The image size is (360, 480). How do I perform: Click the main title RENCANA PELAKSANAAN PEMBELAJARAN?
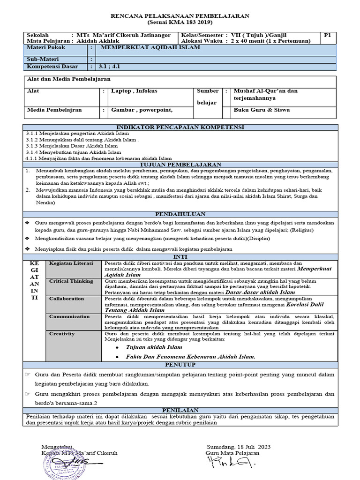point(180,16)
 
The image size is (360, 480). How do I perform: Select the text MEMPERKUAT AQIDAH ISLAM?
point(150,47)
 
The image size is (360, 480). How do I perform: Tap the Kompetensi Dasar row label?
point(52,67)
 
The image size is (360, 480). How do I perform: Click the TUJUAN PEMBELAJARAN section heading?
point(180,165)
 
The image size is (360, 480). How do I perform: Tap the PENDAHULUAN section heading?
point(180,214)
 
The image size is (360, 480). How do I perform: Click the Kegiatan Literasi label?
point(71,263)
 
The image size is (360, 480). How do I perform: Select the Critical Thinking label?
point(71,281)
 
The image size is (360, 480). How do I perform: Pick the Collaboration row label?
point(67,299)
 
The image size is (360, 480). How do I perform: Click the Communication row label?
point(70,317)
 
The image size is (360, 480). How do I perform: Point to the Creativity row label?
point(62,334)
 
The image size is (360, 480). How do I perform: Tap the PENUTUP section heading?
point(180,364)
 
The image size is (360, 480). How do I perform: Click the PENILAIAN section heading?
point(180,410)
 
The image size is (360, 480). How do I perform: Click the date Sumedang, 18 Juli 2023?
point(238,447)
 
